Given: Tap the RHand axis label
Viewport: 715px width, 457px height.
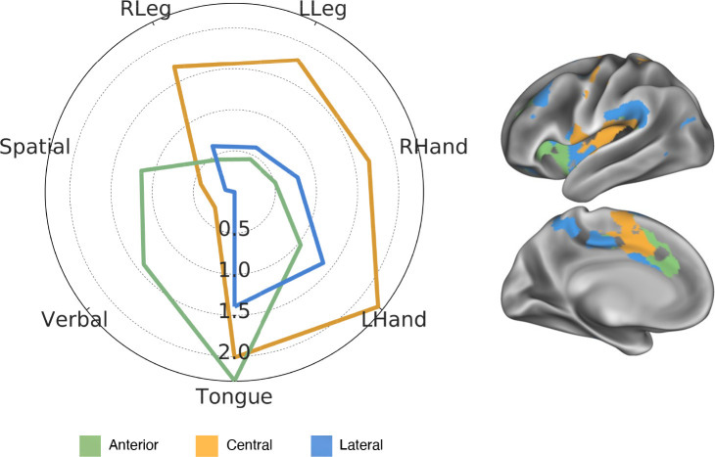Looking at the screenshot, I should [434, 148].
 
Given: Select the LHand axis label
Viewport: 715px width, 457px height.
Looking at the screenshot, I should [394, 320].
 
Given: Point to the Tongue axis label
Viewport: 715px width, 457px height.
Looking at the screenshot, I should [234, 396].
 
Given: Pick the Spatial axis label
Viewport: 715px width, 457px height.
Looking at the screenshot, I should [35, 148].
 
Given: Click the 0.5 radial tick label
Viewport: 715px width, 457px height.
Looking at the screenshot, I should [234, 230].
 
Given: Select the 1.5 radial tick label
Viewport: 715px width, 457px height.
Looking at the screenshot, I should [234, 312].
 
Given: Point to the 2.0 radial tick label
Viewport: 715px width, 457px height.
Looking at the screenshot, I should [234, 352].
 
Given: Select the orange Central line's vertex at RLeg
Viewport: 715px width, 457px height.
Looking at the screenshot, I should [174, 67].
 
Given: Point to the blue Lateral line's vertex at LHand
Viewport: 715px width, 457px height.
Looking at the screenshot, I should [323, 263].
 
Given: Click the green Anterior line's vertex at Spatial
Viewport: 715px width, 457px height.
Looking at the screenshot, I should [142, 171].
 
